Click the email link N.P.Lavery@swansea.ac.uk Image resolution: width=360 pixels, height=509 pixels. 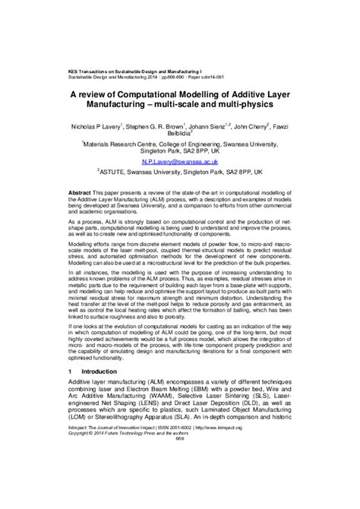179,162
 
